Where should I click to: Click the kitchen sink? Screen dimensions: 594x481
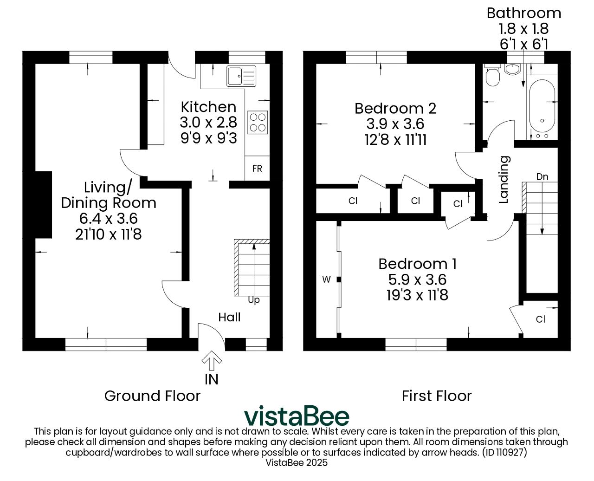pos(241,76)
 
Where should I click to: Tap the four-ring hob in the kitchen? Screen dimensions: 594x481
pos(258,122)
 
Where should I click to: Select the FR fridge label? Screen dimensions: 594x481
pos(257,169)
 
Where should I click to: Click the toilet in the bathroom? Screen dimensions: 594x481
pos(492,75)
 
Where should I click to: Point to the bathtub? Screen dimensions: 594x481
pos(542,110)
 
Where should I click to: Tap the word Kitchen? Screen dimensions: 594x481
pos(209,107)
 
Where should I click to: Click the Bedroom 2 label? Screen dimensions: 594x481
pos(395,108)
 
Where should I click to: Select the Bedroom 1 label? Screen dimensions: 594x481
pos(418,264)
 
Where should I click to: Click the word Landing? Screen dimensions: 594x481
pos(504,179)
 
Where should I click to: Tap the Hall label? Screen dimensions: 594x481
pos(229,317)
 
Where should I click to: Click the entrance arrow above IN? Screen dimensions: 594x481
pos(212,360)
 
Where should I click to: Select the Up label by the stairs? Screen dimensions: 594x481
pos(254,300)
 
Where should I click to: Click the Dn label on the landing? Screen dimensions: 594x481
pos(542,176)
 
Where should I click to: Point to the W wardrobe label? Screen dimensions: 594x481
pos(326,279)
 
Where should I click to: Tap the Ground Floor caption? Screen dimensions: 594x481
pos(153,396)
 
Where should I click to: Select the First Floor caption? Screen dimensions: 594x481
pos(437,396)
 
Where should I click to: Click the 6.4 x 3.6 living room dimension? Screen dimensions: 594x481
pos(109,219)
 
